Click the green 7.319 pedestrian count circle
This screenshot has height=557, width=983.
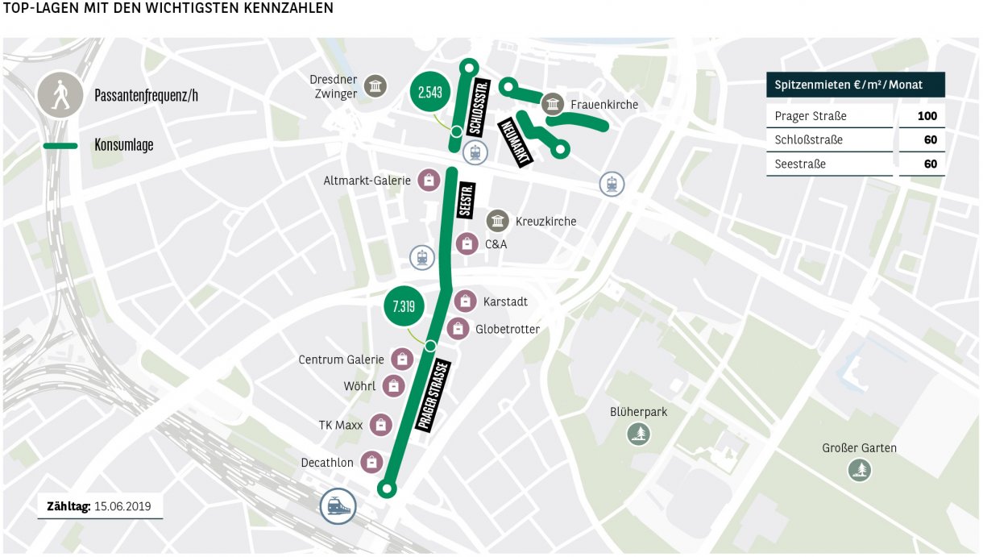click(x=403, y=306)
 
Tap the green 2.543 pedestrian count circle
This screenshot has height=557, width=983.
click(x=429, y=92)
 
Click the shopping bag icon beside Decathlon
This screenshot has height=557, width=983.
click(x=371, y=462)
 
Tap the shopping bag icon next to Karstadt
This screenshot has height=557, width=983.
click(x=465, y=301)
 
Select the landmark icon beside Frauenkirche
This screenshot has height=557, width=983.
click(x=553, y=104)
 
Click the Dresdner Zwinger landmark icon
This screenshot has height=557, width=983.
click(x=374, y=87)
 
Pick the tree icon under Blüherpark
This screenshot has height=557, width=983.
click(x=639, y=434)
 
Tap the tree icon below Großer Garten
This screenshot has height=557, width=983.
click(x=860, y=469)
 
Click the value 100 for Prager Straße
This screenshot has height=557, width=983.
click(x=927, y=116)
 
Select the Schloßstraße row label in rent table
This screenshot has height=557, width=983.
click(x=808, y=140)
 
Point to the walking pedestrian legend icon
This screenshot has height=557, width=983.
click(x=60, y=95)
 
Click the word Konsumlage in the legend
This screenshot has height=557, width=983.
click(x=123, y=146)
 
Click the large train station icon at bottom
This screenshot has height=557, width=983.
click(x=339, y=506)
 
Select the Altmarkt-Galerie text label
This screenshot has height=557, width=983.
click(x=367, y=181)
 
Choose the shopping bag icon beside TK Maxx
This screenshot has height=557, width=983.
click(x=380, y=425)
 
